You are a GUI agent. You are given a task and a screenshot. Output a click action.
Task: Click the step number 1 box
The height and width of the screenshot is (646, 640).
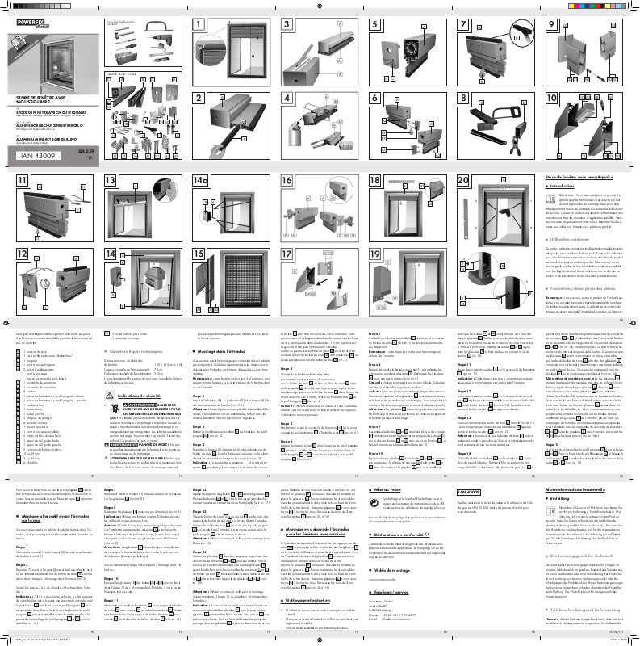(x=198, y=25)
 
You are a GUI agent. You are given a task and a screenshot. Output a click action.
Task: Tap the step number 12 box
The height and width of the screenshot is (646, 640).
(x=22, y=253)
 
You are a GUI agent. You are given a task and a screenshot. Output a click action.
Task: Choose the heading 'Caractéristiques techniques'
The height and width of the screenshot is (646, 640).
(x=142, y=331)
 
